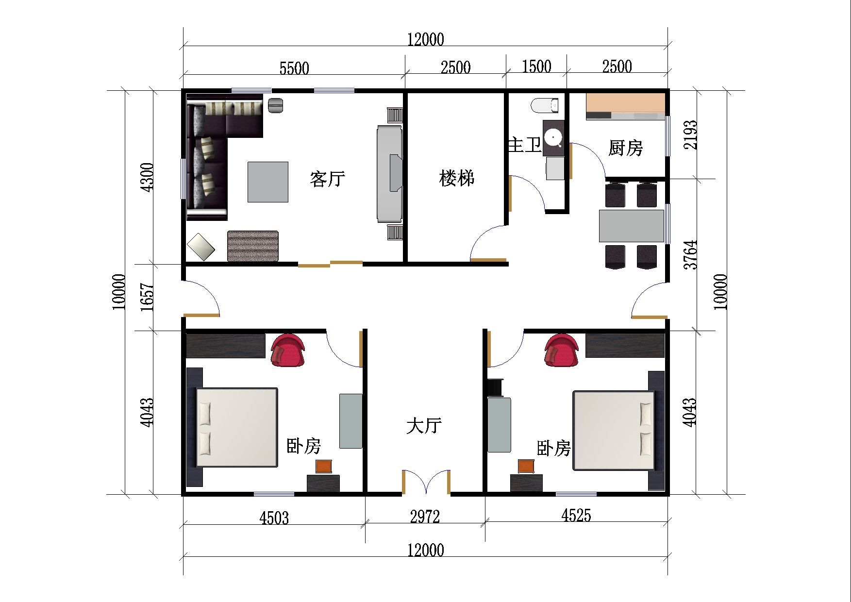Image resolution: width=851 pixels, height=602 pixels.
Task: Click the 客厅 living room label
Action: [328, 179]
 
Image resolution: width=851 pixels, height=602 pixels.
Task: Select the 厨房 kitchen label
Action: [625, 148]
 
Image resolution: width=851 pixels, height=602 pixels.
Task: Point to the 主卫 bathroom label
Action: [524, 145]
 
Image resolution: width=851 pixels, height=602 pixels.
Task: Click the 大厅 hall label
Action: [424, 425]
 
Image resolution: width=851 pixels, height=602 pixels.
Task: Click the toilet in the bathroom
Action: [545, 105]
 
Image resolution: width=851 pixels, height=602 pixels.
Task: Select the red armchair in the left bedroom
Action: [288, 350]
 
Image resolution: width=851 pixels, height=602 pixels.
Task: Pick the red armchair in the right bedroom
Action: [561, 350]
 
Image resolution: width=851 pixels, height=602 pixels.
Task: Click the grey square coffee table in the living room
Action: [268, 182]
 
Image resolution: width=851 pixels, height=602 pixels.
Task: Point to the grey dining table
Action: [631, 226]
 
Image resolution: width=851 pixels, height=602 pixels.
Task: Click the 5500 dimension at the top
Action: [294, 68]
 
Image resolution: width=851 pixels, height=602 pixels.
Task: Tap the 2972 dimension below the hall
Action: [425, 517]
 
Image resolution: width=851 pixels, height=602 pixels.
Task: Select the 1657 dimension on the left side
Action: [147, 297]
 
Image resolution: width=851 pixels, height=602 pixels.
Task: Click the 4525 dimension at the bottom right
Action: [576, 515]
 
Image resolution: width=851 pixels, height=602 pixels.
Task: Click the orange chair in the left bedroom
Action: [324, 466]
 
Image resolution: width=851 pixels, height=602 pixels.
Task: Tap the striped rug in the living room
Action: [253, 246]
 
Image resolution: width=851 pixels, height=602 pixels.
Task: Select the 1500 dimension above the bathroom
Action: [536, 67]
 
